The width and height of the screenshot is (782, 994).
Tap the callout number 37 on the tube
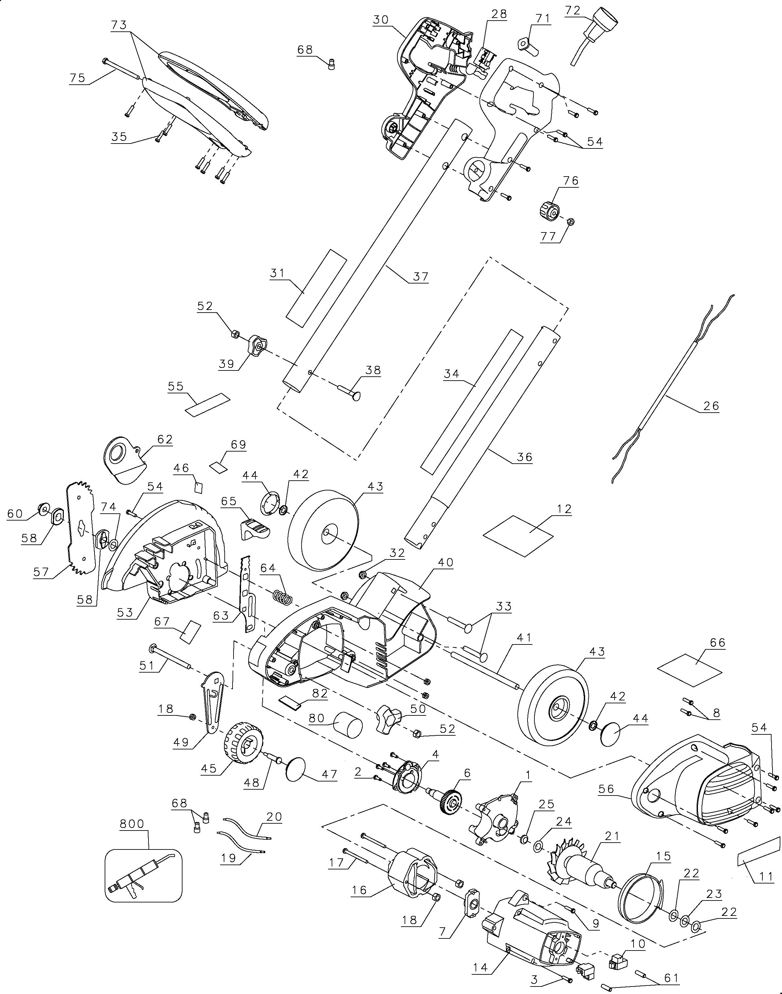coord(420,276)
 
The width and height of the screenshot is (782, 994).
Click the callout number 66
coord(718,643)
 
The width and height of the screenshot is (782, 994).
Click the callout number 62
coord(165,439)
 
